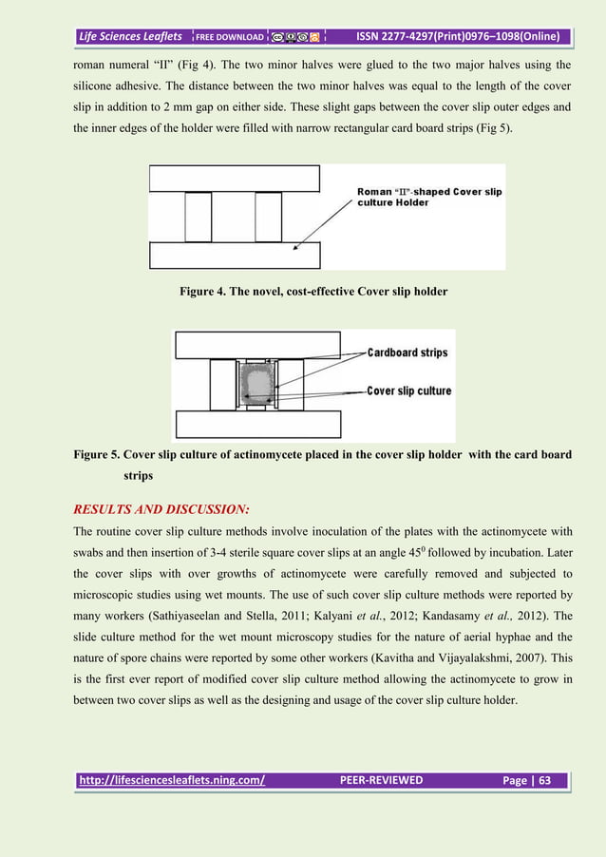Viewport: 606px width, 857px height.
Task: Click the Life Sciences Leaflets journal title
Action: click(131, 37)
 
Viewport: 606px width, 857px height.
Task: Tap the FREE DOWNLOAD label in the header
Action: click(230, 38)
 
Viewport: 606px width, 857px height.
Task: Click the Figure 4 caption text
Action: click(312, 291)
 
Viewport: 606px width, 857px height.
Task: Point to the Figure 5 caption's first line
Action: click(322, 454)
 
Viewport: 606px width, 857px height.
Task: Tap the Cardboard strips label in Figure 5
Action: click(407, 352)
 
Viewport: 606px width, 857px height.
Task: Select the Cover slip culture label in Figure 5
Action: click(409, 390)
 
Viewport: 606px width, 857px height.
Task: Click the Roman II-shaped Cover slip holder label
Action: click(429, 199)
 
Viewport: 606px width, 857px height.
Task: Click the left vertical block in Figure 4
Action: click(198, 217)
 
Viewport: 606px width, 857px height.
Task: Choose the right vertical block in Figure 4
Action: click(269, 217)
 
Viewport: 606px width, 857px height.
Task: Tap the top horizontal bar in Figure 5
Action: click(256, 344)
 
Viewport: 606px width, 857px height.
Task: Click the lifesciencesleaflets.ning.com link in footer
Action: click(172, 781)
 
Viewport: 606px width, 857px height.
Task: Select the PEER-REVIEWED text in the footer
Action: click(381, 781)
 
